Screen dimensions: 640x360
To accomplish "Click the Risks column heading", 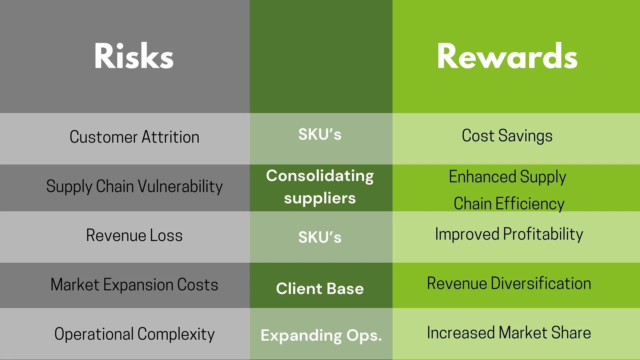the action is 134,56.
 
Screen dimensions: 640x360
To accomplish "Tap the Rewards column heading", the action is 507,56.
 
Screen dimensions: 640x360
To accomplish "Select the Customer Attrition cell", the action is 134,137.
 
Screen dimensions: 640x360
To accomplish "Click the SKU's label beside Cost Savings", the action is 320,135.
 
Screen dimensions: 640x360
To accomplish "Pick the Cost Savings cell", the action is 507,136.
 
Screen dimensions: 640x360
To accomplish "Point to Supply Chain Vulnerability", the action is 134,186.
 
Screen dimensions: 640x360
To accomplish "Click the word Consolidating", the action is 320,176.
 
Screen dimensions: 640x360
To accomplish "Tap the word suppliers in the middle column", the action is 320,198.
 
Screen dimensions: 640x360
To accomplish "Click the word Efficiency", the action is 530,204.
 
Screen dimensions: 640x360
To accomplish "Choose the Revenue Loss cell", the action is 134,235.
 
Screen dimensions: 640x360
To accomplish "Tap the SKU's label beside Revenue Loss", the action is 320,237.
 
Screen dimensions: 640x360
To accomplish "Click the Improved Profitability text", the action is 509,234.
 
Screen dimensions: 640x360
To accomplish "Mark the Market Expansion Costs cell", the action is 134,285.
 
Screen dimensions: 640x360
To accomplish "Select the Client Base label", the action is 320,289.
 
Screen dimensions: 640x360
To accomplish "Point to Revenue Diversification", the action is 509,283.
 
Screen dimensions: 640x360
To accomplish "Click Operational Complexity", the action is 134,334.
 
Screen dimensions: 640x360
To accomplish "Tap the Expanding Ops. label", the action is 321,335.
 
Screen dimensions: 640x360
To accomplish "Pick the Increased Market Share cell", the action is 509,333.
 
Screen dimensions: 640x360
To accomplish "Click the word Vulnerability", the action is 180,186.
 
